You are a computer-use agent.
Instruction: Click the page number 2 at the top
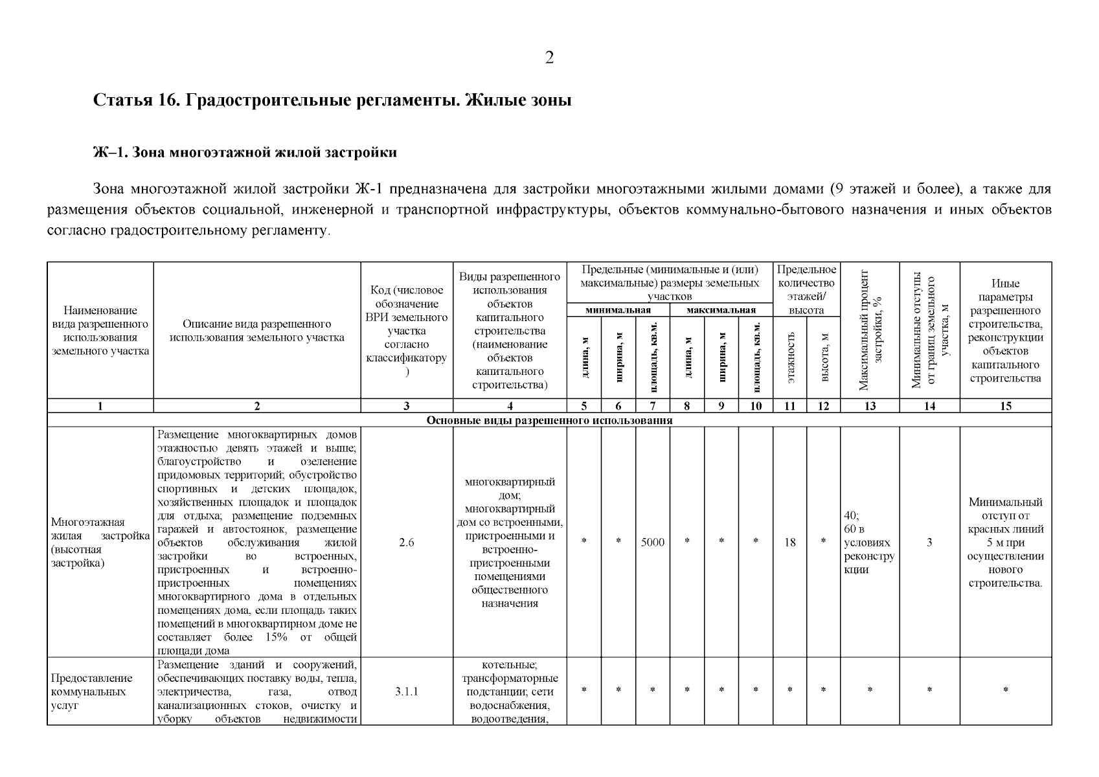[549, 58]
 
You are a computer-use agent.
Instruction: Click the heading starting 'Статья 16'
[332, 101]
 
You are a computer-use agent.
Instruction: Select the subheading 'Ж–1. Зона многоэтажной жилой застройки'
[245, 153]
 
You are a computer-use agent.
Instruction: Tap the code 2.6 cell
[406, 543]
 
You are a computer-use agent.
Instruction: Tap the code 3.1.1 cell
[406, 692]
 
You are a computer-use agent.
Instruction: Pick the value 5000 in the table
[652, 543]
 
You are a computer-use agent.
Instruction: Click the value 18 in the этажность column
[789, 543]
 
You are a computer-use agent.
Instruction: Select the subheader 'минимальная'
[618, 310]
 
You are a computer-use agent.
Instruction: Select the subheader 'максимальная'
[721, 310]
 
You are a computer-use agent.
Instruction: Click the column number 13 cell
[869, 406]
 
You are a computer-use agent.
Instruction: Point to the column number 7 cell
[652, 406]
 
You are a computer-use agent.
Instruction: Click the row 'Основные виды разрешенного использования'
[549, 420]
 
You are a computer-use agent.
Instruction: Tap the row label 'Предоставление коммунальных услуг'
[91, 692]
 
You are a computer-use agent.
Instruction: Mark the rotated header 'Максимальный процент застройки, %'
[870, 330]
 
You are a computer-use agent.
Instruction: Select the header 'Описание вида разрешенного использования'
[256, 330]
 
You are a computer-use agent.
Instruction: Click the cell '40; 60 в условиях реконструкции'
[868, 543]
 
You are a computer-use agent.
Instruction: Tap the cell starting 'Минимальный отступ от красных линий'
[1005, 543]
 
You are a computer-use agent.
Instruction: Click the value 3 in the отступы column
[929, 543]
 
